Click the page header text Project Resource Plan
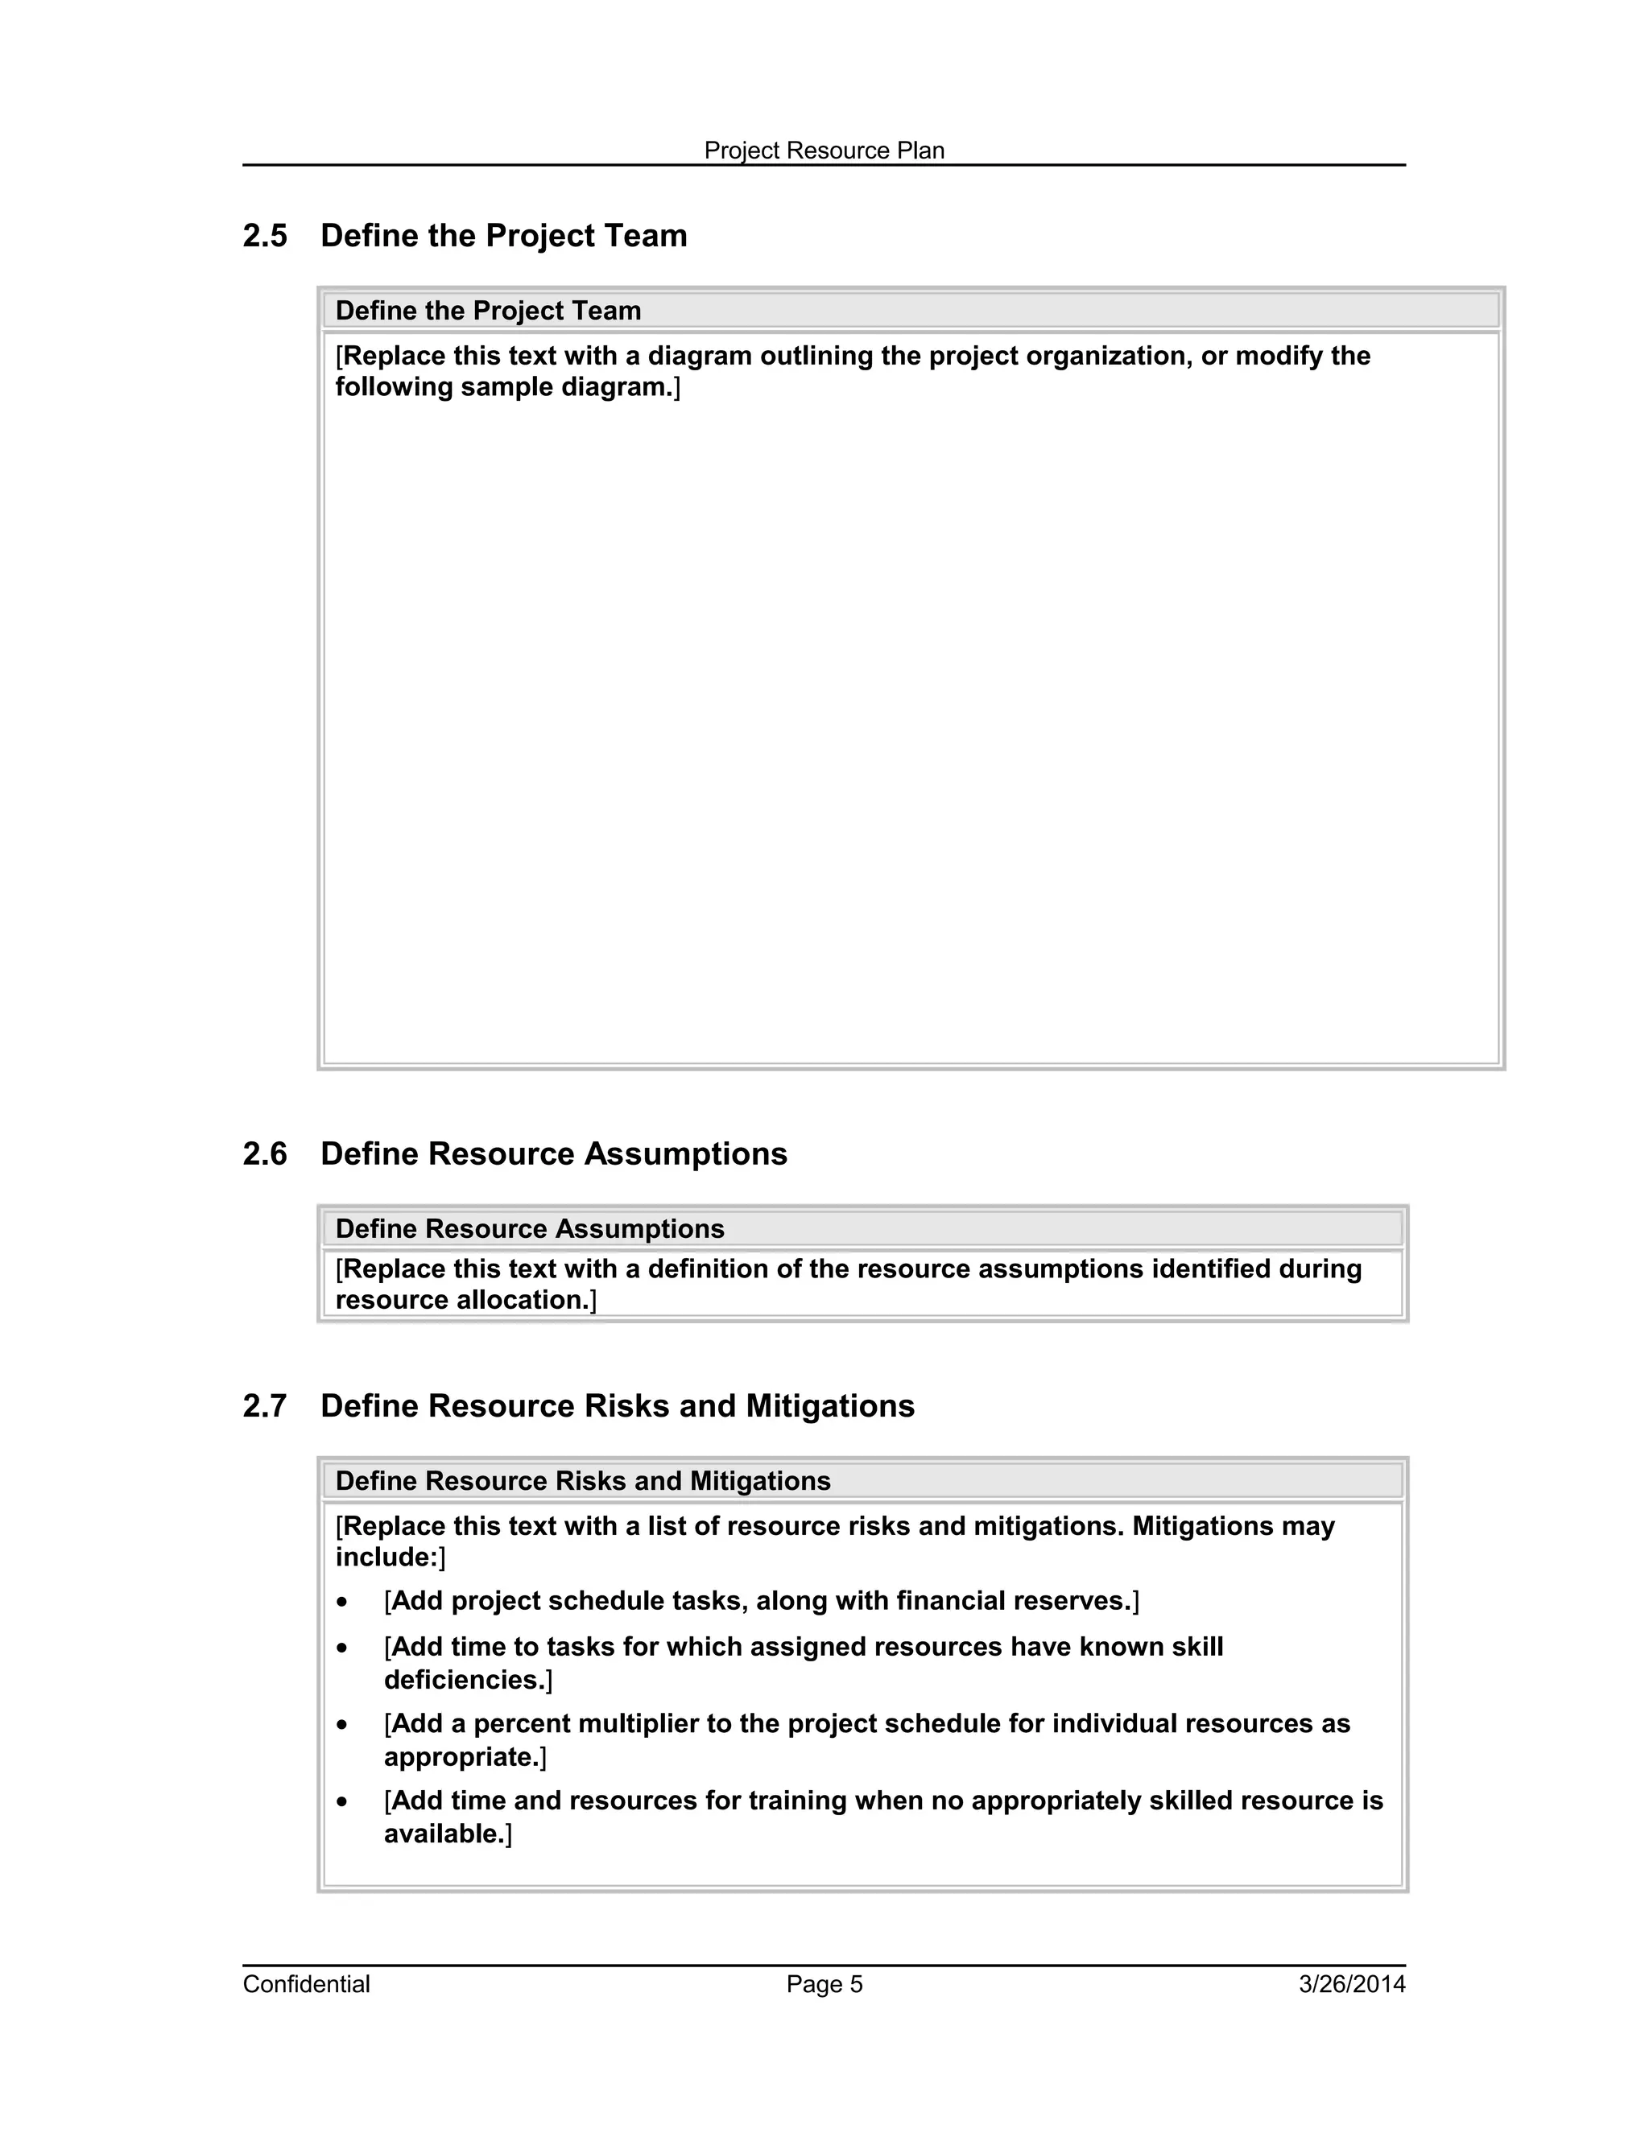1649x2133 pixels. coord(824,151)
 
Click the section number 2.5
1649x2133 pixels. coord(265,237)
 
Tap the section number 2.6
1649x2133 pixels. coord(265,1154)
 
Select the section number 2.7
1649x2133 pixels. coord(265,1406)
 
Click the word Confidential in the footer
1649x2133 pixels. coord(306,1985)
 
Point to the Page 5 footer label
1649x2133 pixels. coord(824,1985)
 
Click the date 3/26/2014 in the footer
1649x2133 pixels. coord(1351,1985)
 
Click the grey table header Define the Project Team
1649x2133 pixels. coord(489,311)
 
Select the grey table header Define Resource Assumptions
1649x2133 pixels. coord(530,1228)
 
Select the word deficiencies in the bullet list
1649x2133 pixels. coord(464,1680)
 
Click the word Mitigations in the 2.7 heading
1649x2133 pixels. coord(830,1406)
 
